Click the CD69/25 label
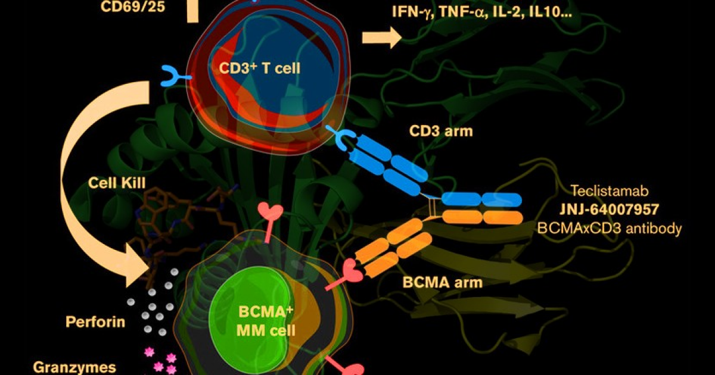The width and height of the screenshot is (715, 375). click(133, 7)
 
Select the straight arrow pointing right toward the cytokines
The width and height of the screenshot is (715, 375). click(382, 37)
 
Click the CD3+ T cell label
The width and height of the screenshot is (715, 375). click(260, 68)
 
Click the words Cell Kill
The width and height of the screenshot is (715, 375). click(117, 183)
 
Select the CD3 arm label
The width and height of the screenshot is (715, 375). click(441, 131)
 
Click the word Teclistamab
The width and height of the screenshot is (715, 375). click(609, 190)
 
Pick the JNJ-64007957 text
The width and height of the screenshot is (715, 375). click(610, 209)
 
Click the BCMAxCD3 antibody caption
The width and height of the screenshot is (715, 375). click(610, 228)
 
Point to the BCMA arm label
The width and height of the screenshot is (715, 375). click(442, 283)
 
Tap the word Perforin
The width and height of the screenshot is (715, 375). click(95, 322)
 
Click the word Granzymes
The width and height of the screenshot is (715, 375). click(74, 368)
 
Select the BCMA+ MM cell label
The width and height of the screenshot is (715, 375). click(266, 321)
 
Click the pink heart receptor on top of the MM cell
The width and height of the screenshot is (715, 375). click(271, 222)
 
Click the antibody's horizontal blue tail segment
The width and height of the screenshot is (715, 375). click(482, 199)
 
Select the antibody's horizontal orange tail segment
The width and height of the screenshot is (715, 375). click(482, 217)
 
